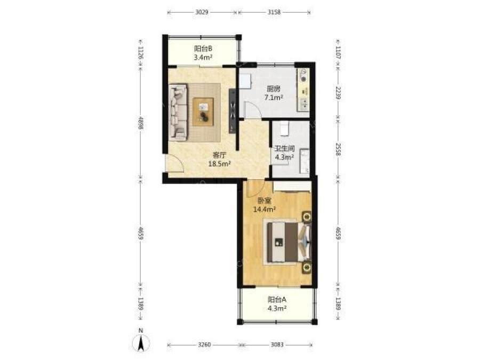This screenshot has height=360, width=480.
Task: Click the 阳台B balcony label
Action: (203, 49)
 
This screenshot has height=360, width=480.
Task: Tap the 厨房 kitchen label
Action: (274, 89)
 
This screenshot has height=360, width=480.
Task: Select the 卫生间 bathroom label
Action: (285, 149)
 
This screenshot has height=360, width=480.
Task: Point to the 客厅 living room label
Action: (219, 155)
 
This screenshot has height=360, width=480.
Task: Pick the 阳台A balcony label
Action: (277, 299)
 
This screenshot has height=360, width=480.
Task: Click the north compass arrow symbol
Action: (140, 343)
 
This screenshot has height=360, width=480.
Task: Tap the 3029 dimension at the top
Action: (202, 12)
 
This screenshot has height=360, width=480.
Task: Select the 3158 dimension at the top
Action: (274, 12)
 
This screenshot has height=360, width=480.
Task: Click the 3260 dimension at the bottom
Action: (204, 345)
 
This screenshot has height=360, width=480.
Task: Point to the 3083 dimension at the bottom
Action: (277, 345)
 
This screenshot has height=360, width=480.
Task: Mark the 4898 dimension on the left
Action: (140, 123)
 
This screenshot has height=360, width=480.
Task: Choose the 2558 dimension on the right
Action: (338, 149)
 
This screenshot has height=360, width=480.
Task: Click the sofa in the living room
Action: (178, 113)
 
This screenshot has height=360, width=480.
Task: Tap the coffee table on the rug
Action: (203, 111)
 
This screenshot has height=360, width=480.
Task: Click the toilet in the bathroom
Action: (285, 128)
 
